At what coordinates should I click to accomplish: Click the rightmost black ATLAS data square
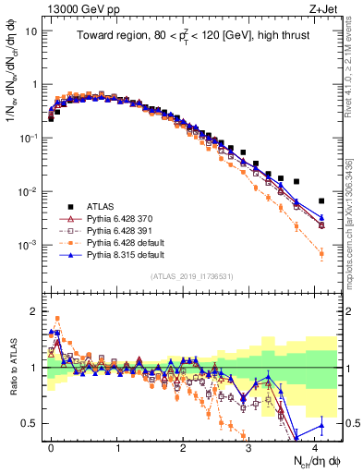321,200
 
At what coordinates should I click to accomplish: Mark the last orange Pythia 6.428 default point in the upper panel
321,252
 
